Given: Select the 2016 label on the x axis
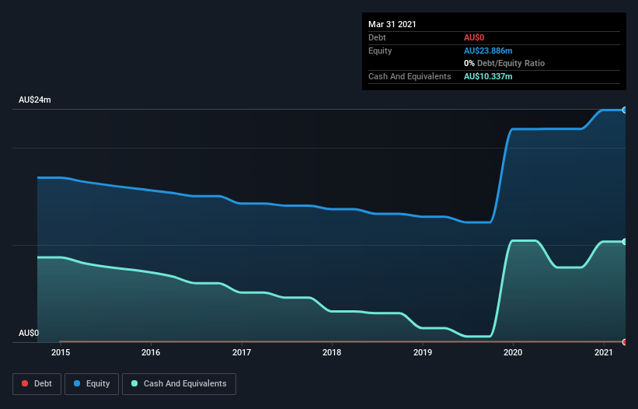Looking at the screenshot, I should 151,352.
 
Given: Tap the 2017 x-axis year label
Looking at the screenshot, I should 242,352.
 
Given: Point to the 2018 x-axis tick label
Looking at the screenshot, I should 332,352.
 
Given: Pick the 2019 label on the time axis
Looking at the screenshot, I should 423,352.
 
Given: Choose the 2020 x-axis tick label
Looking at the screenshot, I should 513,352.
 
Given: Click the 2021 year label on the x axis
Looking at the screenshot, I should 604,352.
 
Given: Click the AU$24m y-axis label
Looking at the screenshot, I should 35,100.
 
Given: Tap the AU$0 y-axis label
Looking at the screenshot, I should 29,333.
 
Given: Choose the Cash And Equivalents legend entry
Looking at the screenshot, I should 179,383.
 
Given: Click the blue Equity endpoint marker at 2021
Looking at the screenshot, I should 624,110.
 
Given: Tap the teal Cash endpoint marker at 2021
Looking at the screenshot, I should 624,242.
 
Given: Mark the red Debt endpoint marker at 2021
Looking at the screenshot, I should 624,341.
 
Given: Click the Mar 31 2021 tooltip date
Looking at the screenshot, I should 392,24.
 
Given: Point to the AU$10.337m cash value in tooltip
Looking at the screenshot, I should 488,76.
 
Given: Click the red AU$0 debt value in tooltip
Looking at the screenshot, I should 475,37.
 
